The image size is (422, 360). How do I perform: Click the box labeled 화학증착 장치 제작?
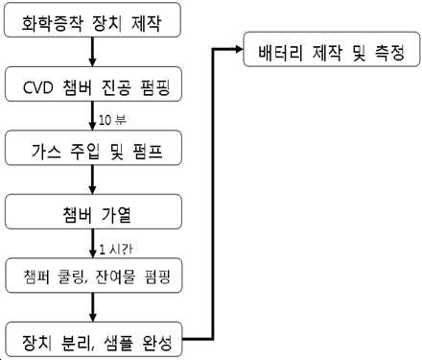coord(92,20)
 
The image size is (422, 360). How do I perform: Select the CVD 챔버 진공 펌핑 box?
coord(93,84)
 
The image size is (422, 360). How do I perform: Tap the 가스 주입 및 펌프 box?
coord(93,148)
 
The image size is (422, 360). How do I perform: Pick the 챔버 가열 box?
coord(93,211)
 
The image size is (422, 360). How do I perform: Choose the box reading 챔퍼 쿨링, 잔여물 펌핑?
coord(94,276)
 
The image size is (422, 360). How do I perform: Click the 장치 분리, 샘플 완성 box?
coord(94,339)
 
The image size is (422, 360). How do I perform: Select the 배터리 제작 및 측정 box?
coord(332,49)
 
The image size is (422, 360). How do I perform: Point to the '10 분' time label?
coord(112,120)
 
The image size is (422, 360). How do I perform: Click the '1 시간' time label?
coord(116,249)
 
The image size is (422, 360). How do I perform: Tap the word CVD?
coord(38,87)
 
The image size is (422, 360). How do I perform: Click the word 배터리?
coord(280,53)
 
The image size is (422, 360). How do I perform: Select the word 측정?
coord(389,53)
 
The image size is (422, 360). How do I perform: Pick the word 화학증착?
coord(52,23)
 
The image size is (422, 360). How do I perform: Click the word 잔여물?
coord(115,276)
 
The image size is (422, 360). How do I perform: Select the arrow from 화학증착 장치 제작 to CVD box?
coord(92,52)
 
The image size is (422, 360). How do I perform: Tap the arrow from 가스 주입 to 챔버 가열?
coord(92,180)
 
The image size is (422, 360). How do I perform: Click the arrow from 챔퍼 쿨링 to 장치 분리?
coord(93,307)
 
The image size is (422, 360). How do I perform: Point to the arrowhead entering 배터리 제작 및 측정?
coord(239,49)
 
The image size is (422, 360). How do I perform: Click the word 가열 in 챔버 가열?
coord(116,215)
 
